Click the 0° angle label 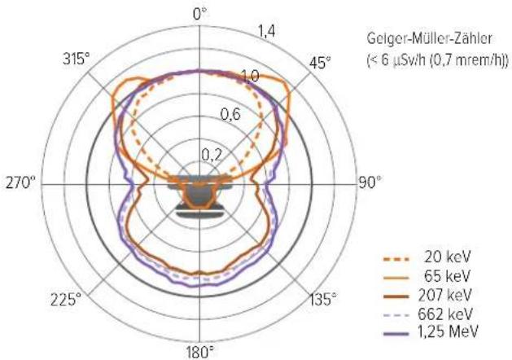pos(200,14)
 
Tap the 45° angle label pos(320,63)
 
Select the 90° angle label pos(370,182)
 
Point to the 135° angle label pos(323,299)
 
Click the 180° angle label pos(200,353)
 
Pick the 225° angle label pos(66,299)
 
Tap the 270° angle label pos(20,182)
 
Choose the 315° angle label pos(76,59)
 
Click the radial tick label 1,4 pos(267,32)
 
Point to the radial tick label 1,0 pos(251,76)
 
